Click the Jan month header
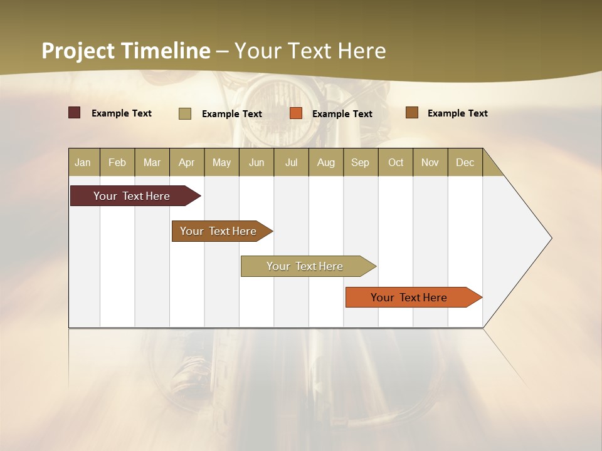click(83, 162)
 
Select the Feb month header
click(117, 162)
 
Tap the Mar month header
click(152, 162)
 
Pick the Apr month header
click(187, 162)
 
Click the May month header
click(221, 162)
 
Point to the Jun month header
click(256, 162)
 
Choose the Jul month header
click(291, 162)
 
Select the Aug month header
click(326, 162)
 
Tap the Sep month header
click(361, 162)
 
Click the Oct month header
click(396, 162)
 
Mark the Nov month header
click(430, 162)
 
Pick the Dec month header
click(465, 162)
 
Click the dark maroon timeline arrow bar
click(132, 196)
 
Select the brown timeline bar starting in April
click(219, 231)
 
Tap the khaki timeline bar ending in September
click(305, 266)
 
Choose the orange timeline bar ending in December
click(409, 298)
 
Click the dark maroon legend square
click(75, 113)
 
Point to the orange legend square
click(296, 113)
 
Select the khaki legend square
click(185, 113)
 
